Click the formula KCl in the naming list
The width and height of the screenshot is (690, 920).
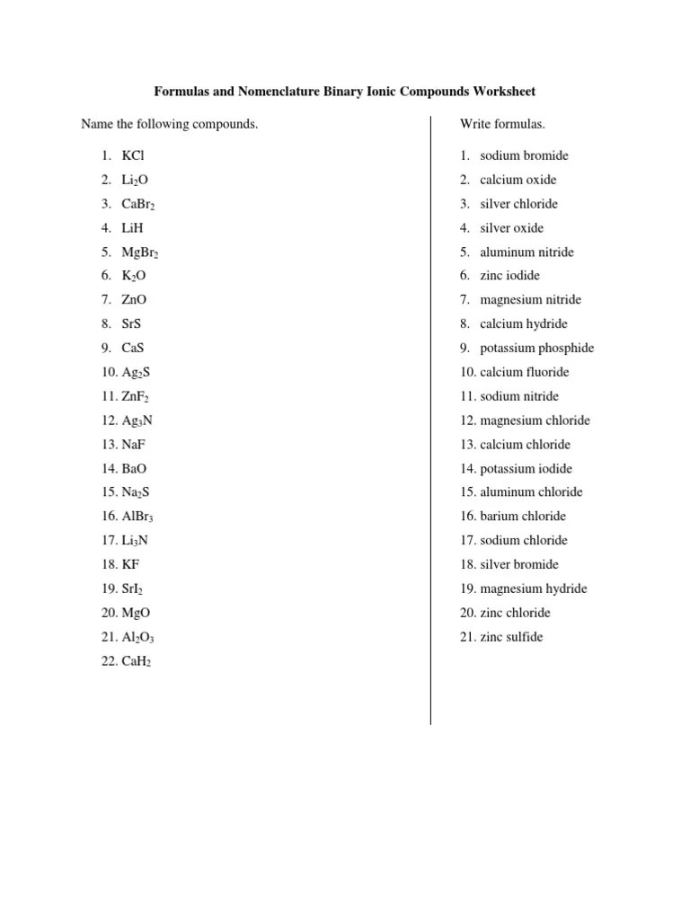pos(133,155)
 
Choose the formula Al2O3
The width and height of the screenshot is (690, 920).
pos(140,637)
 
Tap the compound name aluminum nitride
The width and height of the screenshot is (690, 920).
pos(526,252)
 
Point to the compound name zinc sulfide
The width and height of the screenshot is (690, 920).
pos(511,637)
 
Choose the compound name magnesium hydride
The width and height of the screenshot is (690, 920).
pos(533,588)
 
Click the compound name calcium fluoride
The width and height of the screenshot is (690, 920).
pos(525,372)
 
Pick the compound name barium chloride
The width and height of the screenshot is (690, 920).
pos(523,517)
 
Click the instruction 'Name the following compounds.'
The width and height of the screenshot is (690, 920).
pos(169,124)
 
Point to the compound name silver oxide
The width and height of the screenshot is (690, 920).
pos(511,228)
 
